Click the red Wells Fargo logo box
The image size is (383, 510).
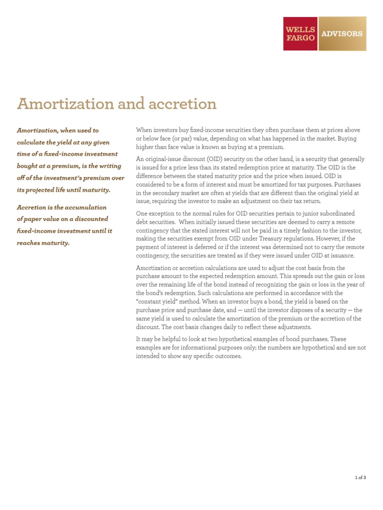pos(300,34)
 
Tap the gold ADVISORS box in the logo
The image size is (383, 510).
pos(342,34)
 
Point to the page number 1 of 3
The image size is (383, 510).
pos(360,477)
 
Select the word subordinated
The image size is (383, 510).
pos(334,213)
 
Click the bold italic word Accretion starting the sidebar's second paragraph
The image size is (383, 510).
pos(33,207)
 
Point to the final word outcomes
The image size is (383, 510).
pos(227,356)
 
